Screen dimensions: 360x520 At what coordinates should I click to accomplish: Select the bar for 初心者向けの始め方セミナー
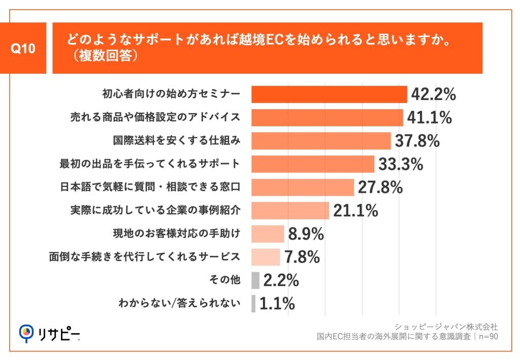[329, 94]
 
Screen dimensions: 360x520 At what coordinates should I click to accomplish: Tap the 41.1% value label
[429, 118]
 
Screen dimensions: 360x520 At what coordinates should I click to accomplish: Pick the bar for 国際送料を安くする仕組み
[321, 141]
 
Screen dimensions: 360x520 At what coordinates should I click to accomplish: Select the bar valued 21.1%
[290, 210]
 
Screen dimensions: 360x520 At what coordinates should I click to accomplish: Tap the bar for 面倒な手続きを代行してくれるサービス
[266, 257]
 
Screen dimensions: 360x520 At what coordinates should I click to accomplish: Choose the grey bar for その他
[255, 280]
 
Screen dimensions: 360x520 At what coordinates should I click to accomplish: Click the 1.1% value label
[277, 304]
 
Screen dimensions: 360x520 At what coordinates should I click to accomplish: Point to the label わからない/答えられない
[178, 304]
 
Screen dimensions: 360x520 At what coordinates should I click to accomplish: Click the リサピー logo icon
[25, 333]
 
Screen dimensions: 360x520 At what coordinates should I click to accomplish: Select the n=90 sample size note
[486, 336]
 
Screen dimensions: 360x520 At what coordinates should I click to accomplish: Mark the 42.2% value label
[433, 94]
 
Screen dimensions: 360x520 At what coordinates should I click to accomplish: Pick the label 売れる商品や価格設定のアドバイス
[154, 118]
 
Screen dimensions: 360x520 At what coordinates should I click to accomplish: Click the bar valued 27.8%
[303, 187]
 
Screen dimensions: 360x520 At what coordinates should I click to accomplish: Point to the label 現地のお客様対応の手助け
[176, 234]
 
